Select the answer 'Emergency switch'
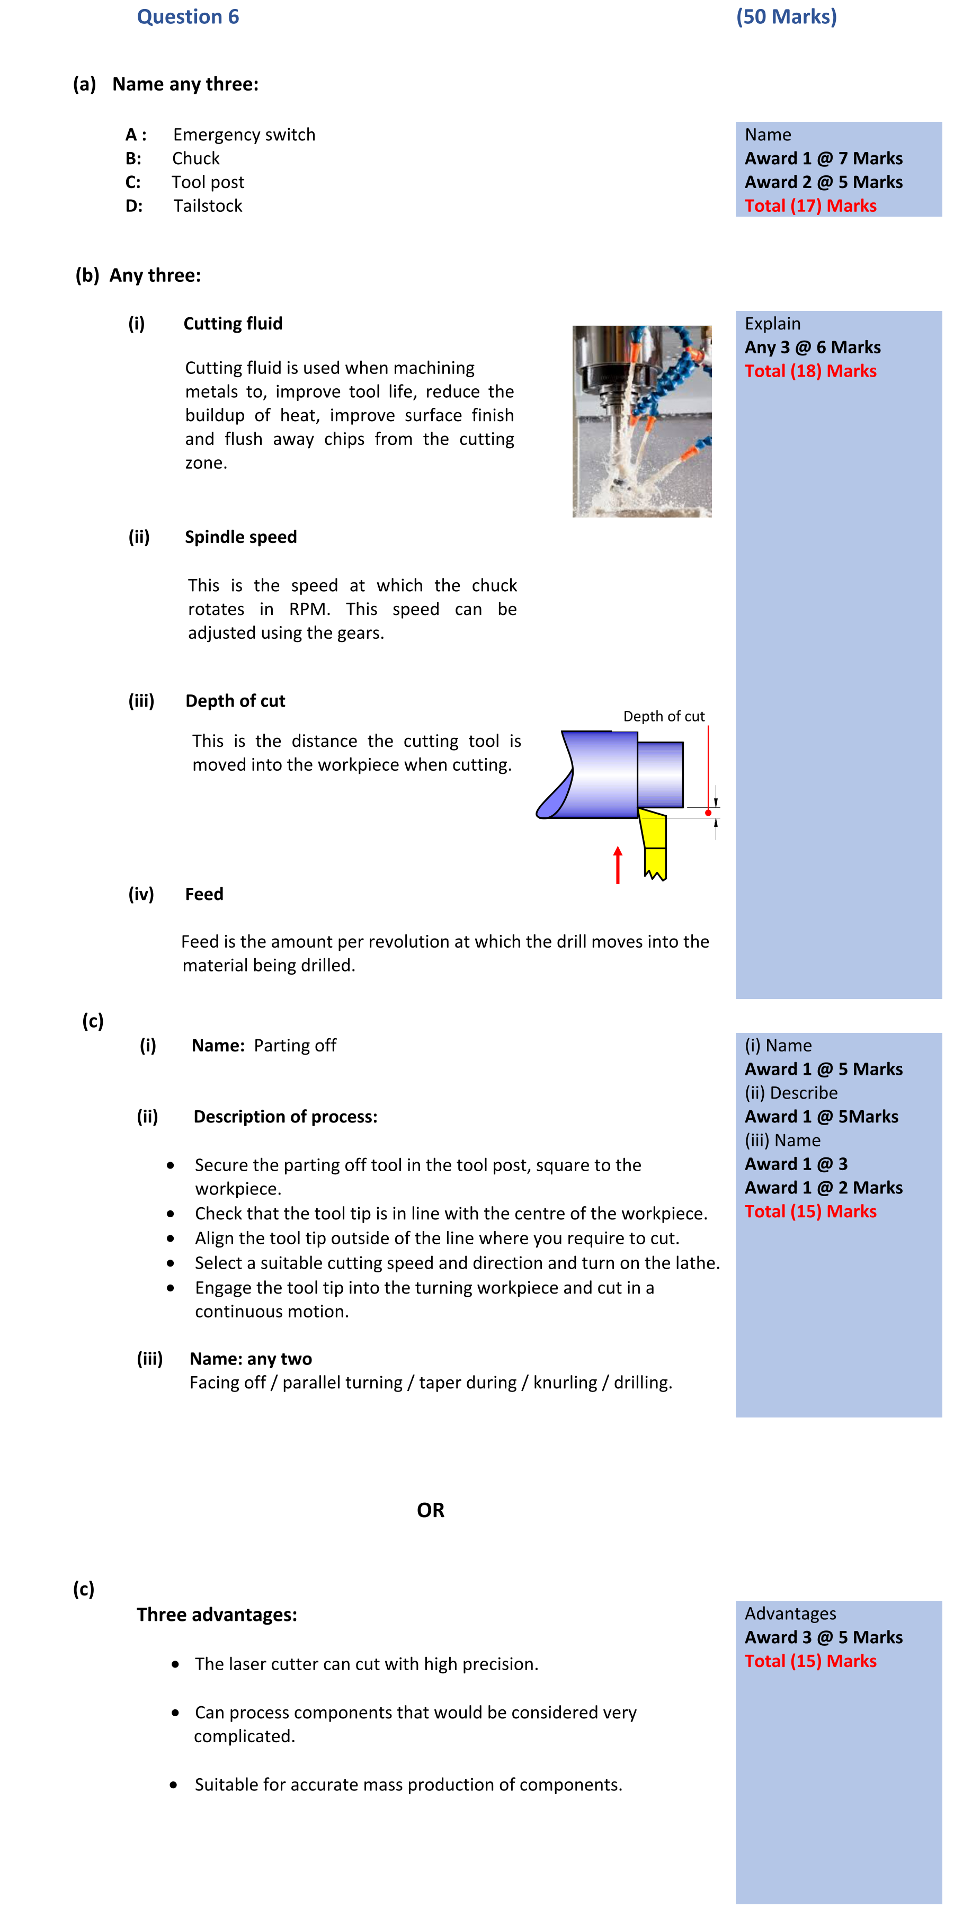244,135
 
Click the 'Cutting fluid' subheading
233,324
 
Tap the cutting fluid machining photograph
641,421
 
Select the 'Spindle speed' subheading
240,537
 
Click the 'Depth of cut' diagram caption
663,716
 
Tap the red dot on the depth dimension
708,812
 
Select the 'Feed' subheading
204,894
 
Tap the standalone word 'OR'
431,1510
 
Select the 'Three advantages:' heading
217,1615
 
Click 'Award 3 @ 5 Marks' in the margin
823,1637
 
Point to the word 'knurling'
565,1383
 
